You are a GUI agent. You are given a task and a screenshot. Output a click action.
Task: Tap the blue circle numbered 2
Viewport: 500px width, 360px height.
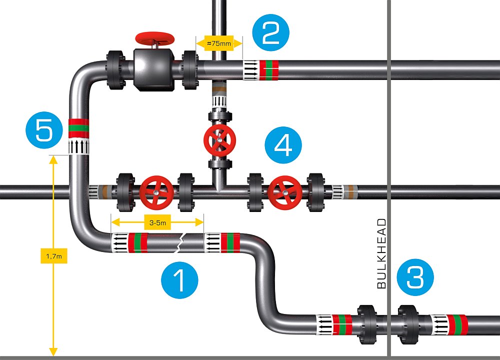tap(271, 30)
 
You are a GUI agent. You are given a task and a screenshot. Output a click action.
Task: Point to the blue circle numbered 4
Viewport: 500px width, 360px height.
tap(283, 145)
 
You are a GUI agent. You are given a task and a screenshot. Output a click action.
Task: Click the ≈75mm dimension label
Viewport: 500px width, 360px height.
tap(217, 43)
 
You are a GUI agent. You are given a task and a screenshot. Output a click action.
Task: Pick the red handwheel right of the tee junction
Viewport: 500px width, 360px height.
tap(283, 192)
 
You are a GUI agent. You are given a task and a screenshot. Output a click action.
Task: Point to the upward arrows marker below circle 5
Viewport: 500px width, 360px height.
tap(77, 146)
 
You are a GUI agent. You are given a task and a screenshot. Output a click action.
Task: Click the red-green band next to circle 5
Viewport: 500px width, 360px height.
tap(77, 128)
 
